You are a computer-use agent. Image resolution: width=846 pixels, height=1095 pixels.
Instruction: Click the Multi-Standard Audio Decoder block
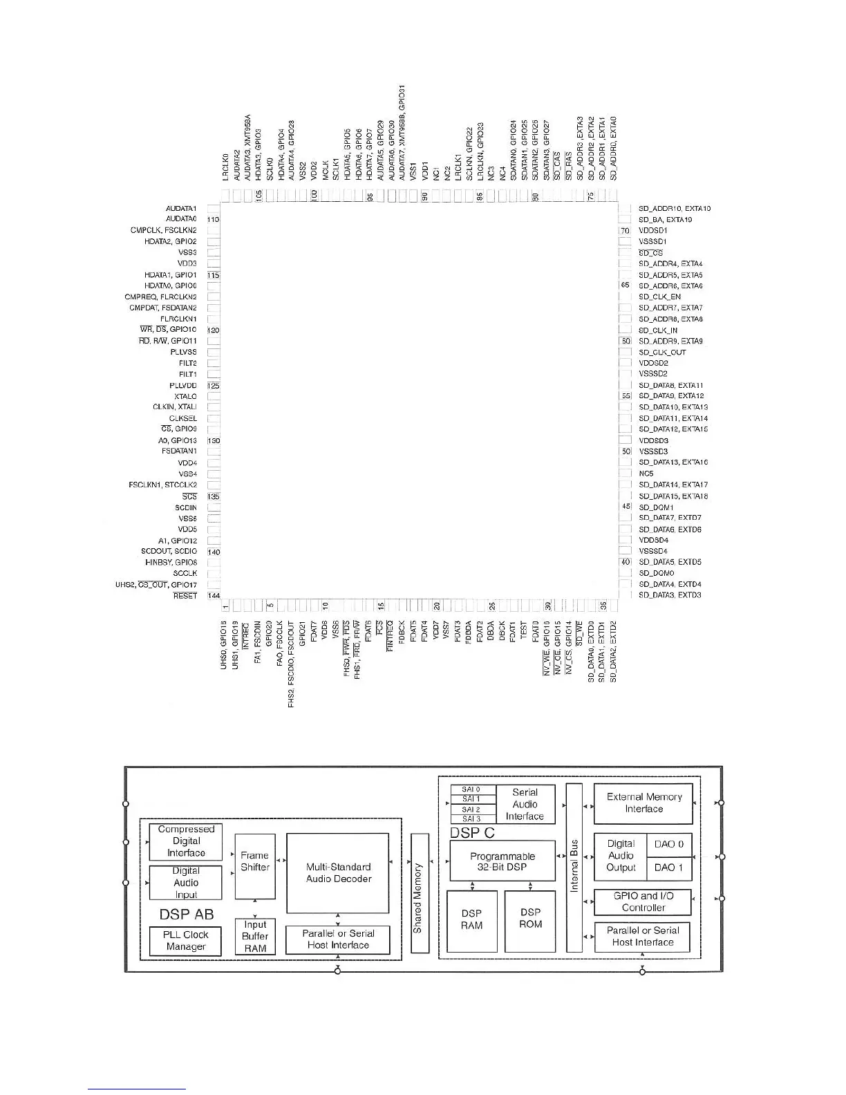(338, 872)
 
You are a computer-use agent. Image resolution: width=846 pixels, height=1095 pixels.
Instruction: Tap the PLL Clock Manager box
(185, 940)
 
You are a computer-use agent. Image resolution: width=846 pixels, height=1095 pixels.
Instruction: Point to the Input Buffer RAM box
(255, 936)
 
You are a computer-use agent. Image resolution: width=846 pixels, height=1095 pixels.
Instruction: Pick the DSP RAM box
(471, 919)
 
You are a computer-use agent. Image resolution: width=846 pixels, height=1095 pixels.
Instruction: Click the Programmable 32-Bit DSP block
(502, 861)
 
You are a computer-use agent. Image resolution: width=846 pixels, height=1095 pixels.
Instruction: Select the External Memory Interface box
(643, 803)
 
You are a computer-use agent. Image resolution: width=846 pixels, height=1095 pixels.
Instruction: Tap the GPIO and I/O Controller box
(643, 901)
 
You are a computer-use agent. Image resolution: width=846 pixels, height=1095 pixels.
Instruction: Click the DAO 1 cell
(668, 868)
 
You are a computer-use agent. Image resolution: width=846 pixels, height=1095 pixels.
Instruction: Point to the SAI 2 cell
(471, 809)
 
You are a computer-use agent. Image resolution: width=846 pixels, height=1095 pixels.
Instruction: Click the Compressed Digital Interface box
(186, 841)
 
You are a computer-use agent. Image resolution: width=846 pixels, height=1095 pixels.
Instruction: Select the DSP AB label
(187, 914)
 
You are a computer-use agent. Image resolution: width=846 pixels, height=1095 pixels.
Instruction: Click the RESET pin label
(185, 596)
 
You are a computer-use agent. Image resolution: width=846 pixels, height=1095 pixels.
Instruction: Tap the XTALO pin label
(185, 397)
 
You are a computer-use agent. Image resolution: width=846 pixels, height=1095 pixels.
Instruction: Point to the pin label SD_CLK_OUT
(662, 352)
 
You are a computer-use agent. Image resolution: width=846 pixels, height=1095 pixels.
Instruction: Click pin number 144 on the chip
(214, 596)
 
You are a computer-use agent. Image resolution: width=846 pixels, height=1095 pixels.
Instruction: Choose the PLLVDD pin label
(183, 386)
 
